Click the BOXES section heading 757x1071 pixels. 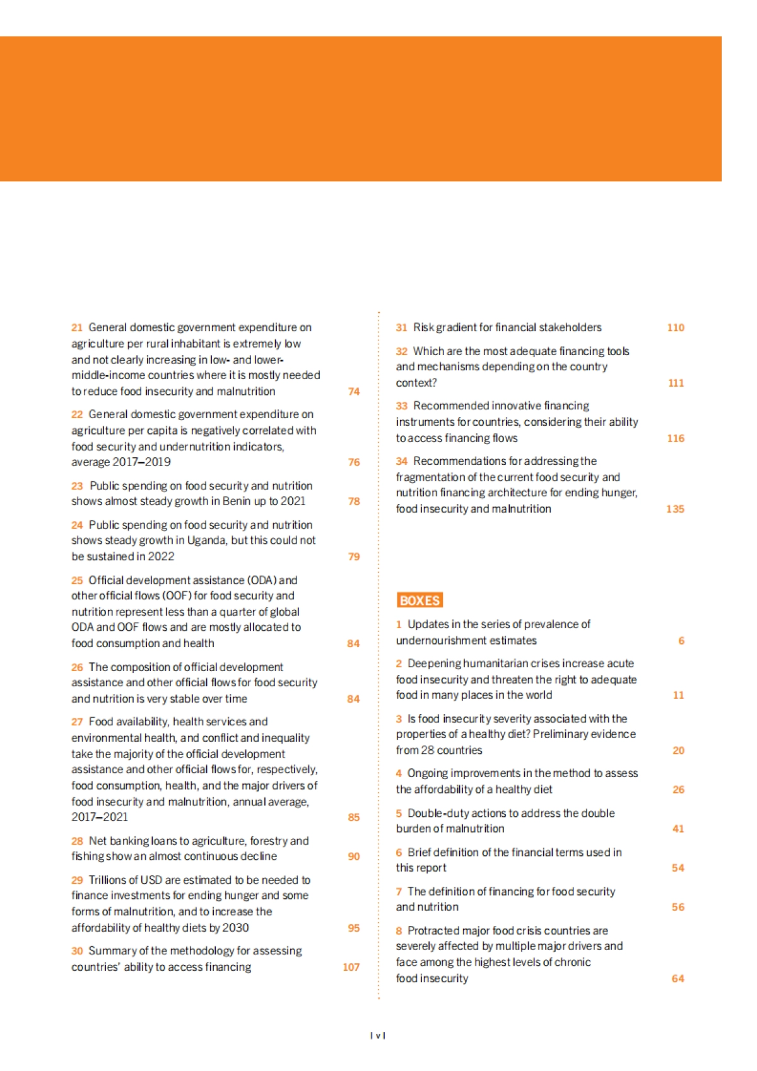(420, 600)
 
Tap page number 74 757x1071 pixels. (354, 392)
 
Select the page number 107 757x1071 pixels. (351, 967)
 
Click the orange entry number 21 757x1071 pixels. (77, 327)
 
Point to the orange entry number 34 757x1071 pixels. (402, 461)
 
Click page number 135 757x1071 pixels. (675, 509)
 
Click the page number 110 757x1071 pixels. (676, 327)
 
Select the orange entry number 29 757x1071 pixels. (77, 880)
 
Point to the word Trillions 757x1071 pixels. (112, 880)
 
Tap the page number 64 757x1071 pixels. (678, 978)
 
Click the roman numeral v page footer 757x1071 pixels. (378, 1035)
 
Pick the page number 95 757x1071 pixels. (354, 928)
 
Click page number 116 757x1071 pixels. (676, 438)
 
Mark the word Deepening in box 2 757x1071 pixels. (434, 664)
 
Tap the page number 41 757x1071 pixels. (678, 829)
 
